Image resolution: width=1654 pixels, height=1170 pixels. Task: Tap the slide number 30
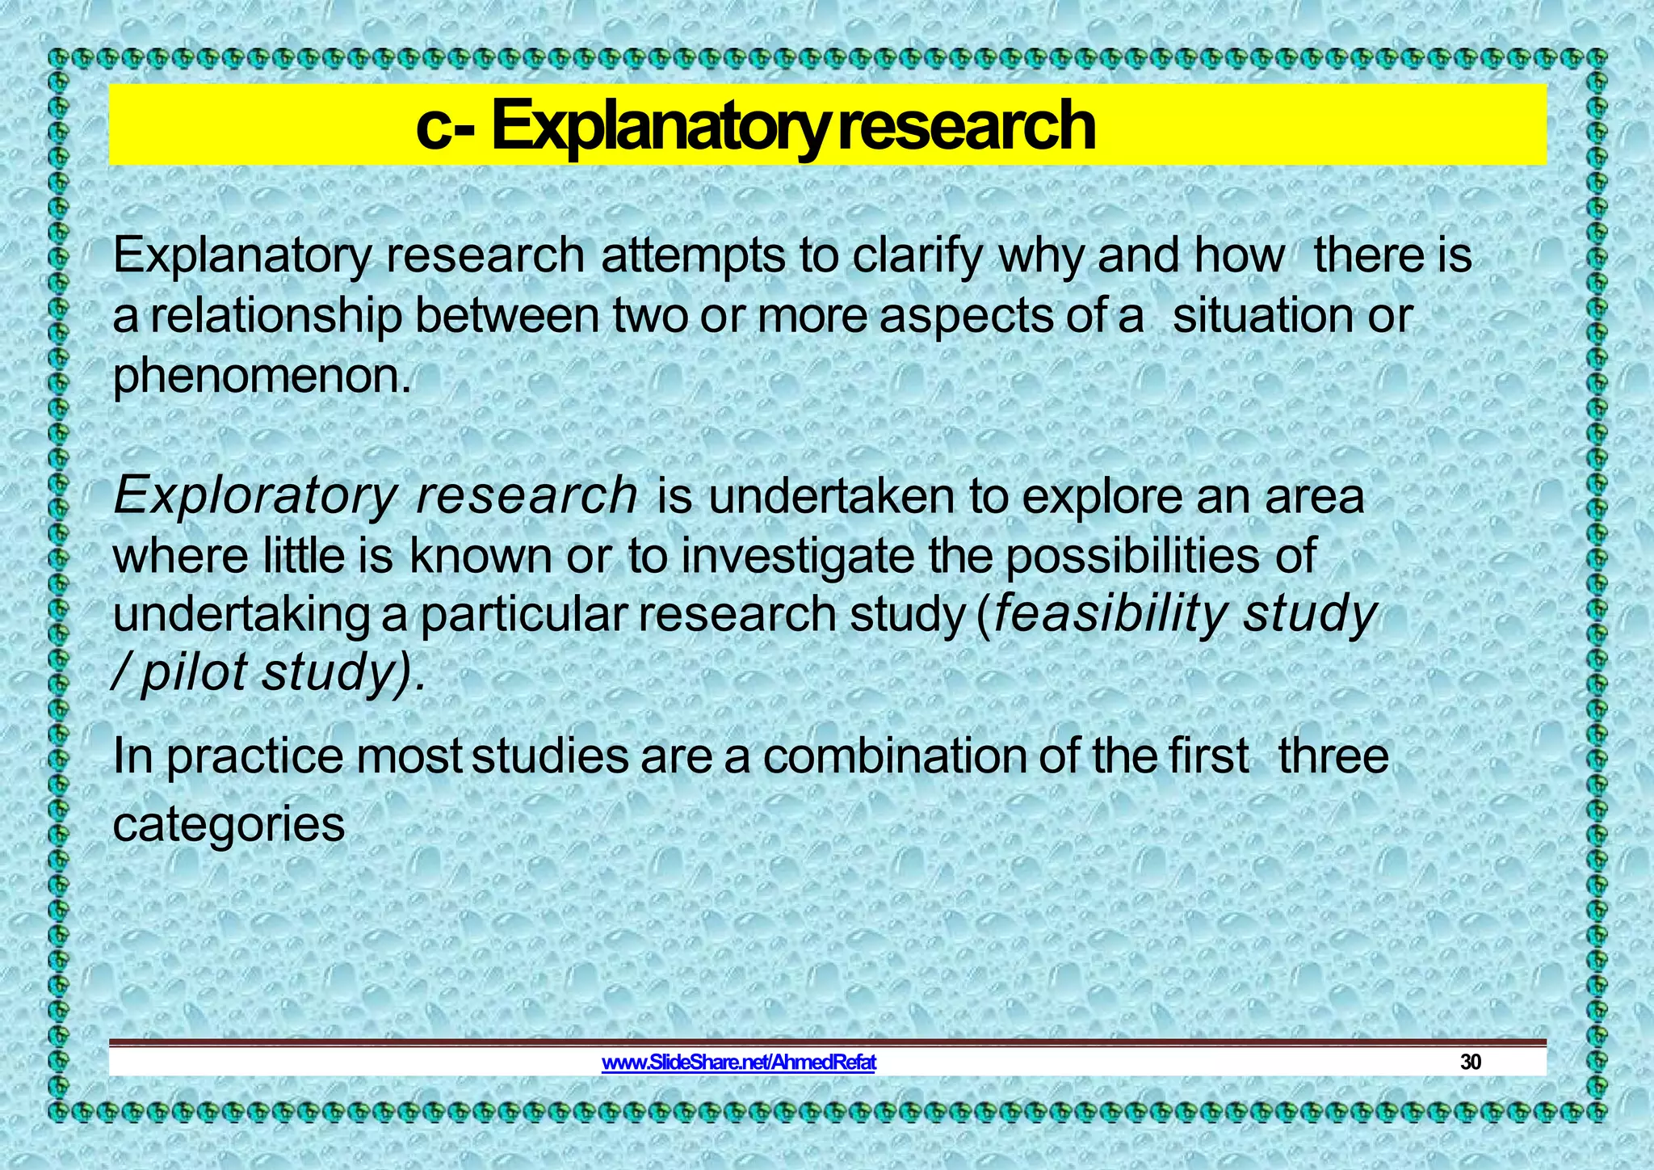[x=1471, y=1062]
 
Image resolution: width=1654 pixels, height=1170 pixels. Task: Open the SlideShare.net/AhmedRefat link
[x=738, y=1062]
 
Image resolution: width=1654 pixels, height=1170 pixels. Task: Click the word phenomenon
[x=262, y=377]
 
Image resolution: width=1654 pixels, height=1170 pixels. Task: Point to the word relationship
[x=275, y=316]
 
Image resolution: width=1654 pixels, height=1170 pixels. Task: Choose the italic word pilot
[x=194, y=673]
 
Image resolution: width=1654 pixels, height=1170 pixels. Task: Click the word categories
[x=229, y=825]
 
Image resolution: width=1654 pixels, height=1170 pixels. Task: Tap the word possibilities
[x=1131, y=557]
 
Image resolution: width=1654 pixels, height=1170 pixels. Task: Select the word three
[x=1333, y=756]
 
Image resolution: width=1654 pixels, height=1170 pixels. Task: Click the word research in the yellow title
[x=965, y=127]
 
